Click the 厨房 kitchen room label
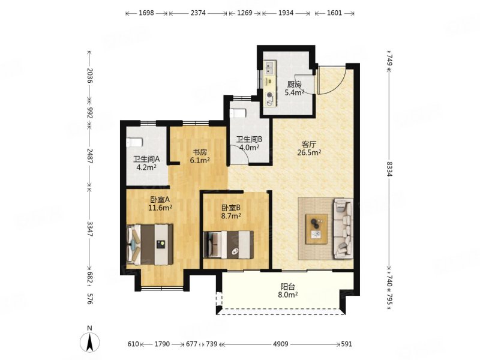[x=295, y=84]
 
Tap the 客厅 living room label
[x=309, y=144]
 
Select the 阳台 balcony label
[x=288, y=287]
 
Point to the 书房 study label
[x=200, y=152]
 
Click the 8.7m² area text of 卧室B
[x=231, y=216]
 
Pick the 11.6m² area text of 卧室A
[x=160, y=208]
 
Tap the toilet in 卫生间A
[x=134, y=143]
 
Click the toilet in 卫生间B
[x=238, y=113]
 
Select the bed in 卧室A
[x=150, y=244]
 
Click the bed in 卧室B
[x=229, y=244]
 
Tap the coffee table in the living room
[x=317, y=229]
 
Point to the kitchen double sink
[x=269, y=68]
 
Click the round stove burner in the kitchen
[x=269, y=95]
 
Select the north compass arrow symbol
[x=89, y=341]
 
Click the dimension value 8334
[x=389, y=169]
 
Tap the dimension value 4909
[x=281, y=344]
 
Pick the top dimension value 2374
[x=198, y=13]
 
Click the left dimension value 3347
[x=89, y=229]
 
